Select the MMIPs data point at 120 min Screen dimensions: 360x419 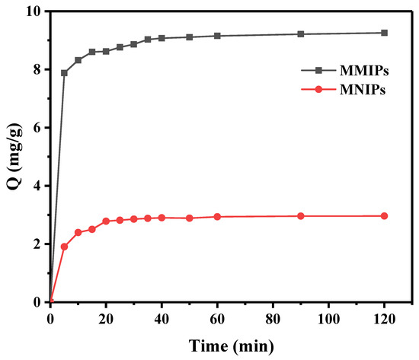coord(384,33)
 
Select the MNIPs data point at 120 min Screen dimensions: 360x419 coord(384,216)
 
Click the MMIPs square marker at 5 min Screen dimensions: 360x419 coord(64,73)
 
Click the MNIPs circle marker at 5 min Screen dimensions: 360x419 coord(64,247)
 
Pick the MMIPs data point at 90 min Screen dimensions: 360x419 coord(301,34)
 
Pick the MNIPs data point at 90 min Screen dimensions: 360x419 coord(301,216)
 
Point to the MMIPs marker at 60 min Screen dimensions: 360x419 coord(217,36)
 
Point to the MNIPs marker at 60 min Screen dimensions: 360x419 coord(217,217)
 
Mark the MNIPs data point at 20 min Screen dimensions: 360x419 coord(106,221)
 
